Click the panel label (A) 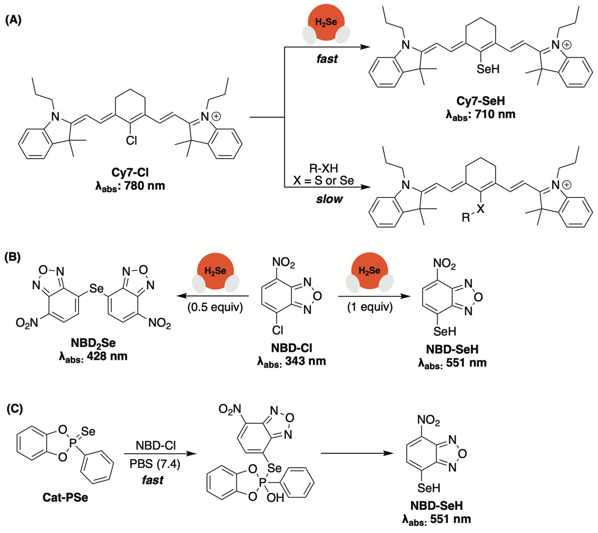click(x=13, y=20)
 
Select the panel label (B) click(x=13, y=257)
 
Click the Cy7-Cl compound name click(x=130, y=172)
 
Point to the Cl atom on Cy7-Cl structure click(x=131, y=141)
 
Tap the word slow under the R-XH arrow click(x=329, y=199)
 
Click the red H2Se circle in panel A click(x=326, y=22)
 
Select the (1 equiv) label click(x=370, y=307)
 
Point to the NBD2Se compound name click(x=93, y=343)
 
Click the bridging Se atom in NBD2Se click(x=96, y=288)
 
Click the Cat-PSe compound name click(x=65, y=497)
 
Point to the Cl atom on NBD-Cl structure click(x=277, y=330)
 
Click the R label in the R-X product click(x=466, y=217)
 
